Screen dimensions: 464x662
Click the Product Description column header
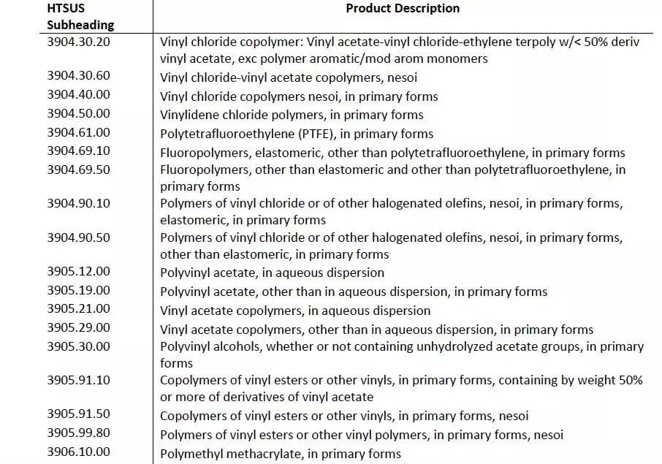tap(403, 9)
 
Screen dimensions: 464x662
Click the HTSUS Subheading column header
tap(80, 16)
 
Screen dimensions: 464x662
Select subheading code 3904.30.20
tap(78, 42)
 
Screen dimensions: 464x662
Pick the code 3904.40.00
tap(78, 94)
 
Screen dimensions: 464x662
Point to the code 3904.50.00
tap(78, 113)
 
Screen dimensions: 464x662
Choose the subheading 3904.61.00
tap(78, 132)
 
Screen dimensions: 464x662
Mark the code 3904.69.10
tap(78, 151)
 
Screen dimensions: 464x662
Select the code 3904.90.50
tap(78, 237)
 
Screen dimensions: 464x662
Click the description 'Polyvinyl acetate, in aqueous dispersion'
tap(272, 273)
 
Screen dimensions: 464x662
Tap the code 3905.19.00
tap(78, 290)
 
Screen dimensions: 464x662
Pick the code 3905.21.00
tap(78, 309)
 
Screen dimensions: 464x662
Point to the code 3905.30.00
tap(78, 346)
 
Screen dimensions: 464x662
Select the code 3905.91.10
tap(78, 380)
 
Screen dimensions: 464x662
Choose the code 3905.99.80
tap(78, 434)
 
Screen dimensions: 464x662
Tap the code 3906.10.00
tap(78, 452)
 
